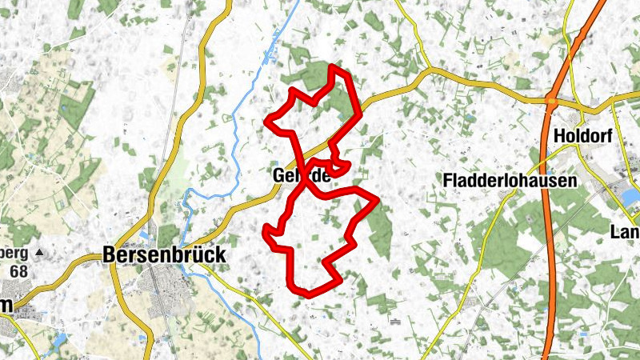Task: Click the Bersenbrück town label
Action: click(x=164, y=255)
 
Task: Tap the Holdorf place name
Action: click(x=582, y=136)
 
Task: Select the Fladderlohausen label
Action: click(x=510, y=181)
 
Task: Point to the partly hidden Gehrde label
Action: click(x=301, y=175)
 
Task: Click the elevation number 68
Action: click(x=18, y=270)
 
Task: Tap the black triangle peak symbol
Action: click(x=39, y=251)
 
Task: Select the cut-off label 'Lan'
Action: click(x=624, y=232)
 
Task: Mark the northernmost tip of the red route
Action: click(x=333, y=66)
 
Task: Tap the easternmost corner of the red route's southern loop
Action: click(x=376, y=198)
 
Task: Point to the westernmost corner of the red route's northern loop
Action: click(x=268, y=123)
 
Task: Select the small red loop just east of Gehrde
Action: click(x=339, y=168)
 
